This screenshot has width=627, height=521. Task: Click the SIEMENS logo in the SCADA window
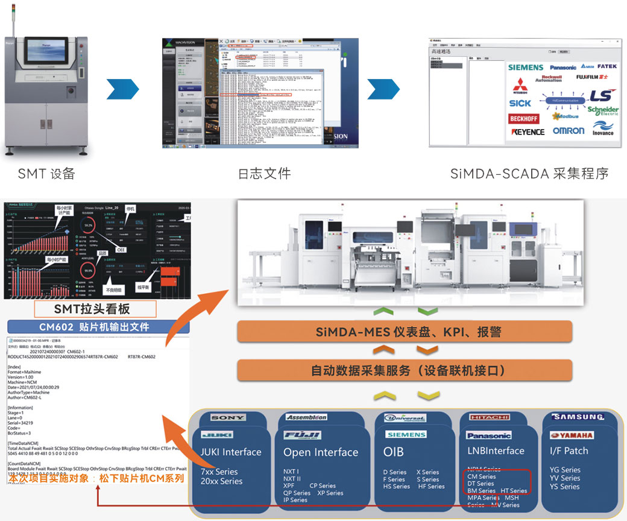pos(526,68)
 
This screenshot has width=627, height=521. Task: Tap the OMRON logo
pos(569,131)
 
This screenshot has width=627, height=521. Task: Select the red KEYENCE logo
pos(528,131)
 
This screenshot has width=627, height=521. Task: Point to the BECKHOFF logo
pos(524,119)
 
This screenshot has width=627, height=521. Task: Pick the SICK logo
pos(520,103)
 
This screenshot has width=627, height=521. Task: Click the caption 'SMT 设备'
pos(46,174)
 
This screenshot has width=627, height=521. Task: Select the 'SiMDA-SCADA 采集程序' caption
pos(529,174)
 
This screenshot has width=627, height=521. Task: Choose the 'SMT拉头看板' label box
pos(95,309)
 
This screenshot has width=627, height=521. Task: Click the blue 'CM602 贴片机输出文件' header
pos(98,327)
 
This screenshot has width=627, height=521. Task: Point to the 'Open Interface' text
pos(321,452)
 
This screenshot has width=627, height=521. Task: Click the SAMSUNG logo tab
pos(578,417)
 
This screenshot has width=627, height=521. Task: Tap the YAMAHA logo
pos(572,435)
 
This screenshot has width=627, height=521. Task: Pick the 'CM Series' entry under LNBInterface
pos(482,476)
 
